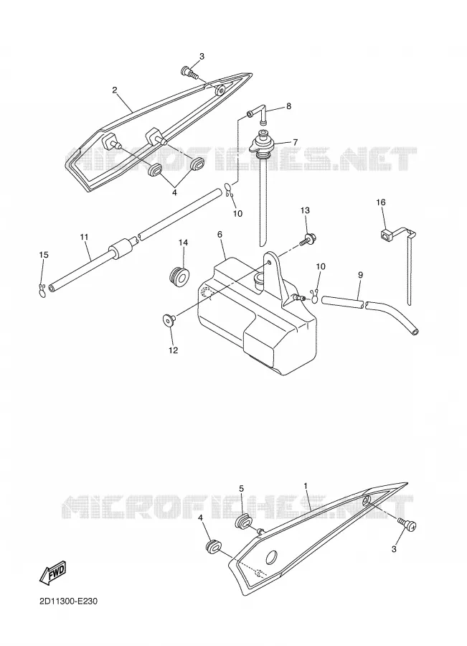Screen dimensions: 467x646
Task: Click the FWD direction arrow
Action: click(x=52, y=573)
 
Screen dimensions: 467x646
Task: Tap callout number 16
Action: click(x=380, y=202)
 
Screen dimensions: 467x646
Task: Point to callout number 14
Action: click(x=183, y=243)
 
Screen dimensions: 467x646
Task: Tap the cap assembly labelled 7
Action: click(x=263, y=145)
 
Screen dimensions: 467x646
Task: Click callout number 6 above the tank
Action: click(x=220, y=234)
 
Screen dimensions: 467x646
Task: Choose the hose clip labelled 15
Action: click(x=42, y=289)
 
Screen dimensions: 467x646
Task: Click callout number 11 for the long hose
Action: click(x=84, y=237)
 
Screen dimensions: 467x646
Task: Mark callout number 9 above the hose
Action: click(x=360, y=275)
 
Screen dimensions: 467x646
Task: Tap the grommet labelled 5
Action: click(x=244, y=521)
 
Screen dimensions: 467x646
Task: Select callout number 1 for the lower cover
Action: click(x=306, y=486)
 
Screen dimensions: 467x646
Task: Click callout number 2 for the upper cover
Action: click(x=115, y=90)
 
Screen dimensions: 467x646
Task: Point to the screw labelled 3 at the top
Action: click(x=189, y=73)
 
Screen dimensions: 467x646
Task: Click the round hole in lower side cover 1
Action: click(x=272, y=558)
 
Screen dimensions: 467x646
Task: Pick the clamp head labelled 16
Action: click(x=384, y=235)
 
